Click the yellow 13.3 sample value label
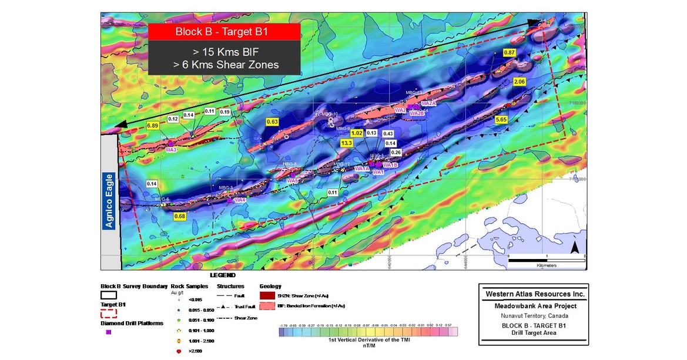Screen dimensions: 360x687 point(346,143)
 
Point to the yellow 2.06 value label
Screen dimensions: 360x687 point(519,82)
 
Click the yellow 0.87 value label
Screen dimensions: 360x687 point(510,53)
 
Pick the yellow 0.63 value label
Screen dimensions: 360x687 point(272,122)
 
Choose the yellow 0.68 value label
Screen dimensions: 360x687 point(180,217)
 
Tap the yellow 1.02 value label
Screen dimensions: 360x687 point(357,133)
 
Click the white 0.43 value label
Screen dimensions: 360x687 point(388,133)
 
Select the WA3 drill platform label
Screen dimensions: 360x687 point(172,150)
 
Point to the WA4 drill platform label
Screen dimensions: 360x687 point(240,200)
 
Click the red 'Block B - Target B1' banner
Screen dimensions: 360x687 point(224,32)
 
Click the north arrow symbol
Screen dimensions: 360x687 point(574,248)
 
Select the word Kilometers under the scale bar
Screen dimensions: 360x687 point(546,265)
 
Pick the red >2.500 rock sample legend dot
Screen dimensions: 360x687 point(178,351)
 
